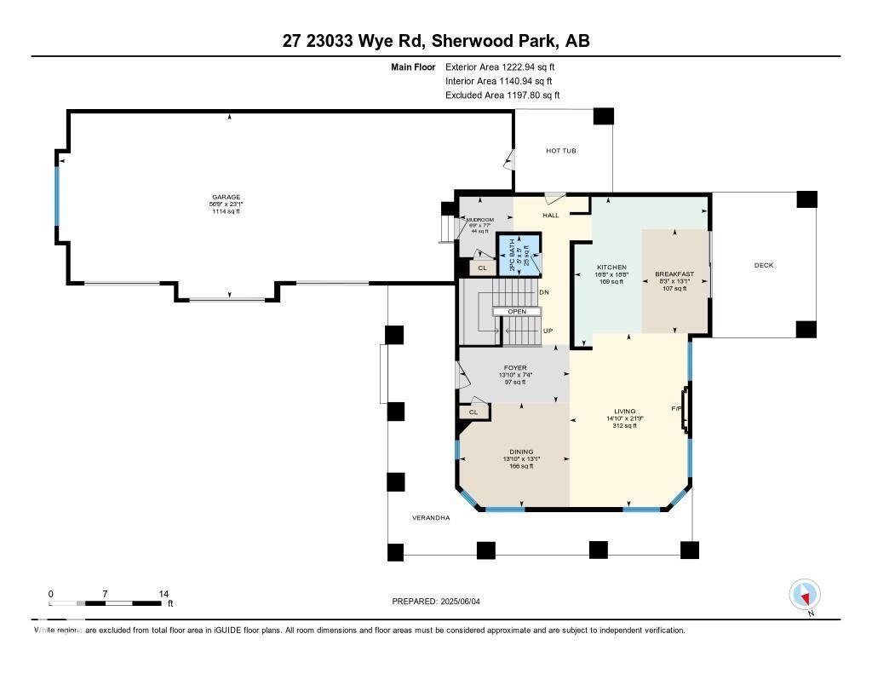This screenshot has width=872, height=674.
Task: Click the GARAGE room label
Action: point(227,197)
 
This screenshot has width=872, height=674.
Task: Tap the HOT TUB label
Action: point(561,151)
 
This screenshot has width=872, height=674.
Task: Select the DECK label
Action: point(764,265)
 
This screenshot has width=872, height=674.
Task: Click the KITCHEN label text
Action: point(611,268)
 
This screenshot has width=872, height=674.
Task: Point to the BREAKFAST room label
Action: point(674,274)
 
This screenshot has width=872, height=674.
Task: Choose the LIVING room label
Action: point(625,411)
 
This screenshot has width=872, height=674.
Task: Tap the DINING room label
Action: point(521,452)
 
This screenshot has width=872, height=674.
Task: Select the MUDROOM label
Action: point(480,220)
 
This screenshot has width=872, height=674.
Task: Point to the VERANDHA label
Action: point(431,517)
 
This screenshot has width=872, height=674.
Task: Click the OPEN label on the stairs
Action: point(518,311)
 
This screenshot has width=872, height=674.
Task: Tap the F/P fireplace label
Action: point(677,409)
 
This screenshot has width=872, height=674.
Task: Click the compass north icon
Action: point(805,594)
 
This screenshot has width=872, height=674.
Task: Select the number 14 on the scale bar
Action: point(163,594)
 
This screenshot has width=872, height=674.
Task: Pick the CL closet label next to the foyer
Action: point(473,412)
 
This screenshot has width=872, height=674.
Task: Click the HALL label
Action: point(551,216)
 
